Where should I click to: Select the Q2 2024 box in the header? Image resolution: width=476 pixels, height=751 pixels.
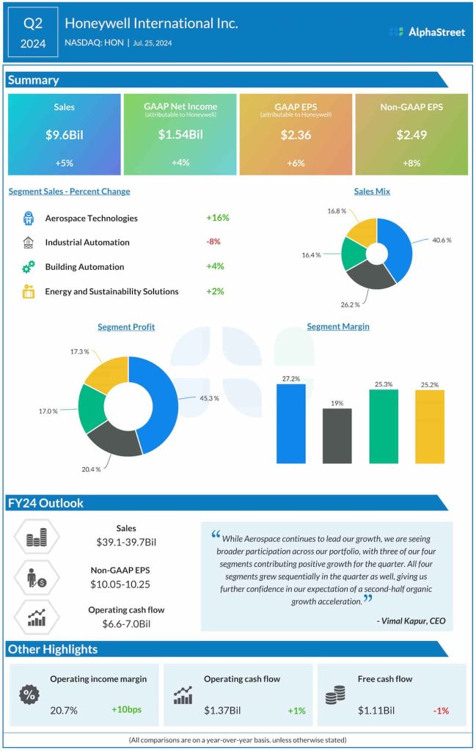(33, 33)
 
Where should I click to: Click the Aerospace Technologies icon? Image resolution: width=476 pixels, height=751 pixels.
(29, 218)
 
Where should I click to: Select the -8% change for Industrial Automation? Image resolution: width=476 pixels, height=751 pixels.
(213, 241)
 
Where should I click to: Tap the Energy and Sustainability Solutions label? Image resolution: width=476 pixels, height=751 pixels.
(111, 291)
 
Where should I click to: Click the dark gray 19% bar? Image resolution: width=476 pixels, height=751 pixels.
(337, 436)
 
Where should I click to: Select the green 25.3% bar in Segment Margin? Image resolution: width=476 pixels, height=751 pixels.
(383, 426)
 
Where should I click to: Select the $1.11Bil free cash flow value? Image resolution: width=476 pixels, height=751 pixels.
(376, 711)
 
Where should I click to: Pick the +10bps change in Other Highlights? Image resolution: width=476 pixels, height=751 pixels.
(127, 711)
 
